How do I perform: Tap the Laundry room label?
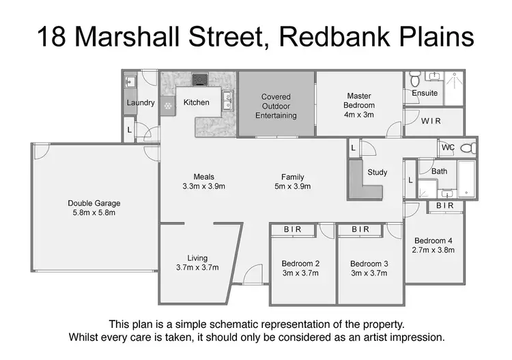coord(140,103)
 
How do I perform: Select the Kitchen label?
coord(197,102)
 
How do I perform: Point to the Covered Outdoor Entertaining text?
coord(276,106)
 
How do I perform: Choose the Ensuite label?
coord(425,93)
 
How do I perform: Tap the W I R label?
coord(431,122)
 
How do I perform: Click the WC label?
coord(448,148)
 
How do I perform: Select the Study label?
coord(377,172)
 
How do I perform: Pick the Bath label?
coord(439,171)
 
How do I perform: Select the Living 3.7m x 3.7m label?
coord(197,262)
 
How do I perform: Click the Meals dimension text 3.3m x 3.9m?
coord(203,186)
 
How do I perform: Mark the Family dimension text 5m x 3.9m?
coord(292,186)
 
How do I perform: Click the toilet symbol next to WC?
coord(467,148)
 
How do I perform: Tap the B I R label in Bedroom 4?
coord(445,206)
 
